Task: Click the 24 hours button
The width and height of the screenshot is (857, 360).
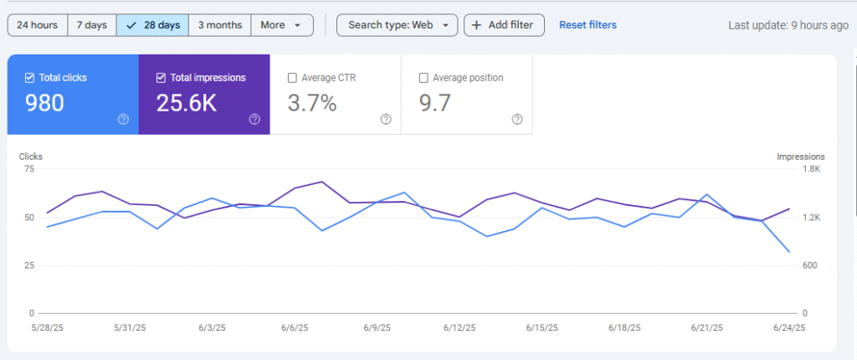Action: click(37, 25)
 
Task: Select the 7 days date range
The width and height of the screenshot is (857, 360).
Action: click(91, 25)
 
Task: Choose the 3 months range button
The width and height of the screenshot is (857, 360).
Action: click(219, 25)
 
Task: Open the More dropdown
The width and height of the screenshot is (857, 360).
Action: click(281, 25)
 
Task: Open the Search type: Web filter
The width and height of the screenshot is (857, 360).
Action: click(398, 25)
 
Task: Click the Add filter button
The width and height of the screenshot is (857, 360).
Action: click(503, 25)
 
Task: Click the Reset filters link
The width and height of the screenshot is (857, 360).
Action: click(588, 25)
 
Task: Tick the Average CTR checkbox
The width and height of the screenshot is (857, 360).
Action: click(292, 78)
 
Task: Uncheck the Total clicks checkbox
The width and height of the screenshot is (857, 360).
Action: click(30, 78)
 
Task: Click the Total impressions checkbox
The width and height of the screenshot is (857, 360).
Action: click(162, 78)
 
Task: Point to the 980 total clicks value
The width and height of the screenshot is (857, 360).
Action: click(44, 103)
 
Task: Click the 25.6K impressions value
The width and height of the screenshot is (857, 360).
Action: click(187, 103)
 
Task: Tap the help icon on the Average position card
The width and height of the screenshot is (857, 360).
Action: click(516, 119)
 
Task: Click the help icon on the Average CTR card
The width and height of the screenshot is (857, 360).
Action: click(386, 119)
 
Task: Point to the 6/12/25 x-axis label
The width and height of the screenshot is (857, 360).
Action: click(460, 327)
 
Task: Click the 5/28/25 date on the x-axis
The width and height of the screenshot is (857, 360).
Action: click(47, 327)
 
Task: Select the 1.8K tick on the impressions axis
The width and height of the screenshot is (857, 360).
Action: click(813, 169)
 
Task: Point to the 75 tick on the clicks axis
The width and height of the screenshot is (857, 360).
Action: click(29, 169)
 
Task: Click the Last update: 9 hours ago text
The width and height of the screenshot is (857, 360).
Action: click(788, 25)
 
